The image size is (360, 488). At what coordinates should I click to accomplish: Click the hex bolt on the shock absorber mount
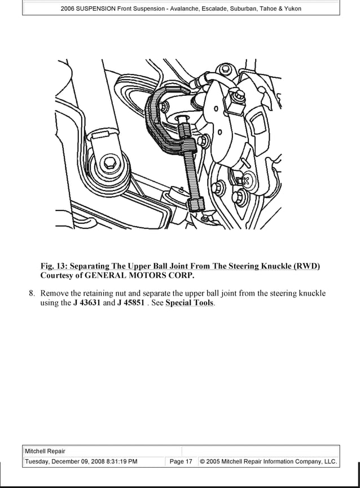tap(109, 164)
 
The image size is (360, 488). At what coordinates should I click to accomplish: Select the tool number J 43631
tap(87, 303)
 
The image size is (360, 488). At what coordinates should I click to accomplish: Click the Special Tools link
tap(190, 303)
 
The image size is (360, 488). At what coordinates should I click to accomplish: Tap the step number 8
tap(32, 293)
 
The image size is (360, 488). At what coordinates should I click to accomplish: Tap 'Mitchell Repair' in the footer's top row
tap(45, 451)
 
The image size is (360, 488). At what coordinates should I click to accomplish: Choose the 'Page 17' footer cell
tap(181, 461)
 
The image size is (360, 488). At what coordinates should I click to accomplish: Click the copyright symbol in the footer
tap(203, 461)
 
